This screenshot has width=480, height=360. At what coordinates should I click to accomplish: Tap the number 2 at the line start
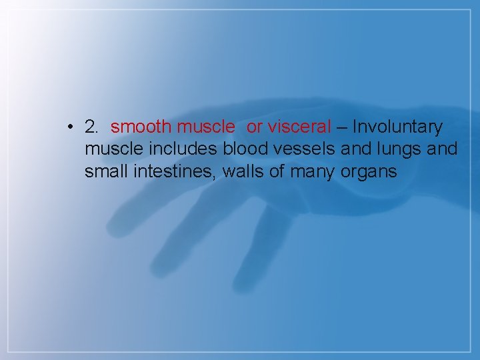pyautogui.click(x=91, y=127)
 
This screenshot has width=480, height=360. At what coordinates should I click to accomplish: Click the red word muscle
pyautogui.click(x=206, y=127)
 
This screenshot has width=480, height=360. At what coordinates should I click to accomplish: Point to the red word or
pyautogui.click(x=255, y=127)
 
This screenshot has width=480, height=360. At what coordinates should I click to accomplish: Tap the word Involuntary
pyautogui.click(x=397, y=127)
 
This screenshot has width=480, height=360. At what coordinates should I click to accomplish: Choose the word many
pyautogui.click(x=315, y=172)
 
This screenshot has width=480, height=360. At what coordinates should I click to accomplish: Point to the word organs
pyautogui.click(x=369, y=172)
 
